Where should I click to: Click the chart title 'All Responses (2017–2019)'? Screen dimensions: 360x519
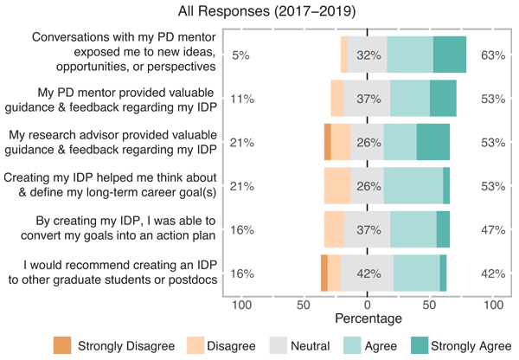[x=259, y=11]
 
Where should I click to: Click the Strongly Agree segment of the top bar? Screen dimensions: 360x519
[x=450, y=54]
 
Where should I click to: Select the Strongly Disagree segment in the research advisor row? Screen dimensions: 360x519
[x=328, y=141]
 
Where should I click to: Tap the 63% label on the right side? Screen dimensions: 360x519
[x=493, y=55]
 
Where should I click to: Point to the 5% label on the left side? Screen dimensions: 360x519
[x=241, y=55]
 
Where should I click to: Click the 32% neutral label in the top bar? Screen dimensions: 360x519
[x=369, y=55]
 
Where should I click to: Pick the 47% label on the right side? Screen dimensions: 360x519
[x=493, y=229]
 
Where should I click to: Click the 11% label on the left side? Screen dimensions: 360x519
[x=241, y=99]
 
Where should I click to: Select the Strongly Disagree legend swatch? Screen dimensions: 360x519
[x=62, y=344]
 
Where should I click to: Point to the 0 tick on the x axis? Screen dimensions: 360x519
[x=368, y=305]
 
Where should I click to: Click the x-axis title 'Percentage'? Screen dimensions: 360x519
[x=368, y=319]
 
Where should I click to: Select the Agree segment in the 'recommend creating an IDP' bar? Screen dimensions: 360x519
[x=417, y=273]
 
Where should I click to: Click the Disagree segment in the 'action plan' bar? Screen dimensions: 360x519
[x=334, y=229]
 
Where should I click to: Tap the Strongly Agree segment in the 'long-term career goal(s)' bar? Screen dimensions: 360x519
[x=446, y=185]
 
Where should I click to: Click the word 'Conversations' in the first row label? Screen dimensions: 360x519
[x=71, y=38]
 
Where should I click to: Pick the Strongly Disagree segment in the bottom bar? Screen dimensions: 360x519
[x=324, y=273]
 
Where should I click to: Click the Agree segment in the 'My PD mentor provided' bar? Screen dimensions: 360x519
[x=410, y=98]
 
